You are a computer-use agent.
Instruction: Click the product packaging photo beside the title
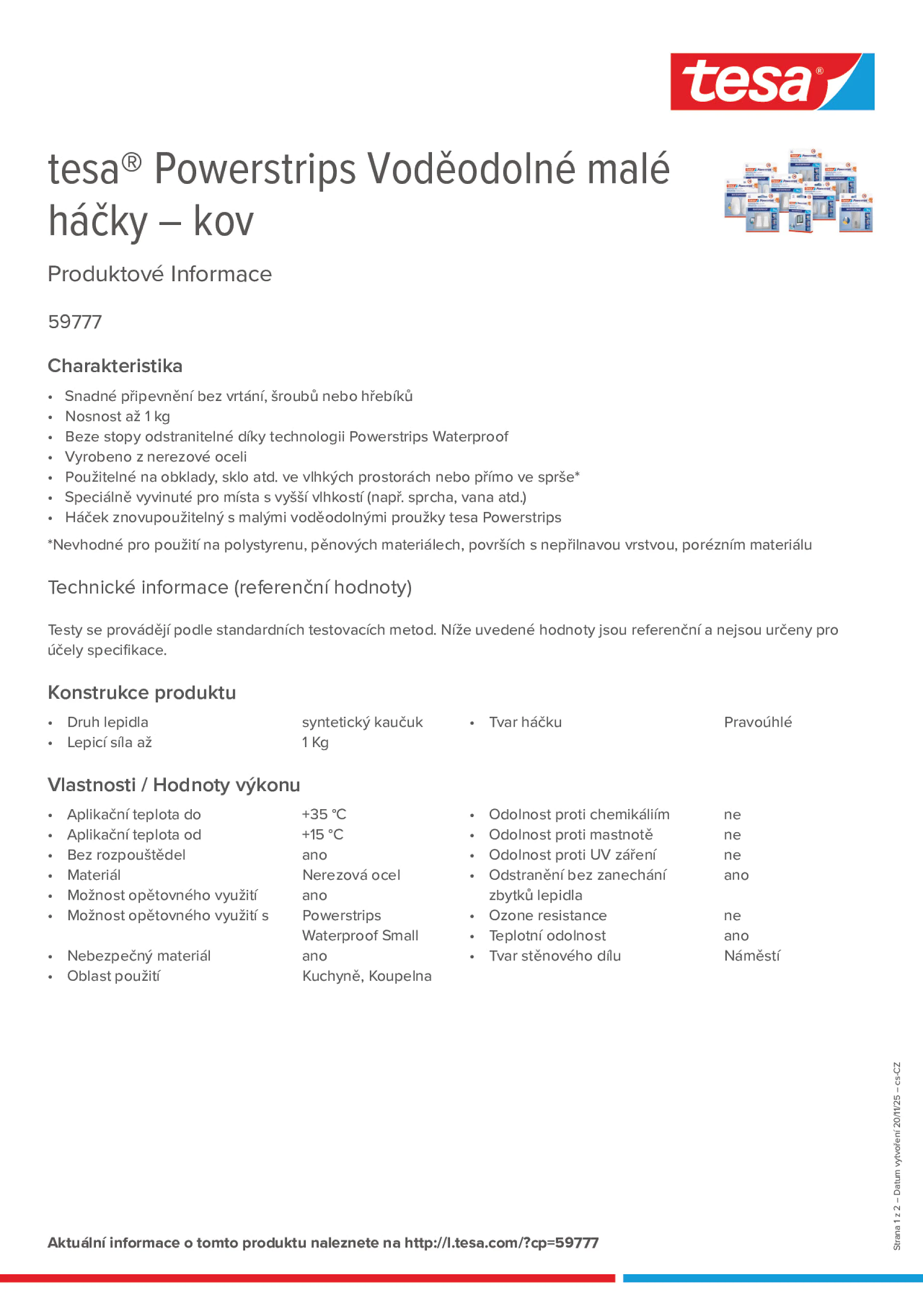coord(798,191)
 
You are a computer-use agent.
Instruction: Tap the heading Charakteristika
coord(115,366)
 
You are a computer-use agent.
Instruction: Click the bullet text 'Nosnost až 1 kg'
coord(117,417)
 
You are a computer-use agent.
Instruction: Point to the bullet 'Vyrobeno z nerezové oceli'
coord(156,457)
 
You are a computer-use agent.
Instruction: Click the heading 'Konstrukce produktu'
coord(142,692)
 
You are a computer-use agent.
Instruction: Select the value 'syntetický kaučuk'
coord(362,722)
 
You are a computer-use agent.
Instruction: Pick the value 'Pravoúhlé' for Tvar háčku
coord(757,722)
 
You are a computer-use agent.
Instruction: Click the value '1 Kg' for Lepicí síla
coord(315,742)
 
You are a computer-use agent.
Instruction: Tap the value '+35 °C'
coord(324,815)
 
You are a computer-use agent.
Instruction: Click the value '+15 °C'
coord(323,835)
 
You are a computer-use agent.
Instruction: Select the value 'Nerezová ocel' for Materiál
coord(351,875)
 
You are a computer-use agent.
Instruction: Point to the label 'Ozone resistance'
coord(547,915)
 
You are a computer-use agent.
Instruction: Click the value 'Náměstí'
coord(752,955)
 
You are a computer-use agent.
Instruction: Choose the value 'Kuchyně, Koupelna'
coord(366,976)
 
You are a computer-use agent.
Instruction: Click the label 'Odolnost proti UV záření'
coord(572,855)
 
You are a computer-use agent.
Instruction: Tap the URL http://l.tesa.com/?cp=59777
coord(501,1243)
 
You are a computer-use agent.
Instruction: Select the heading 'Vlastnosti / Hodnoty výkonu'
coord(174,785)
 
